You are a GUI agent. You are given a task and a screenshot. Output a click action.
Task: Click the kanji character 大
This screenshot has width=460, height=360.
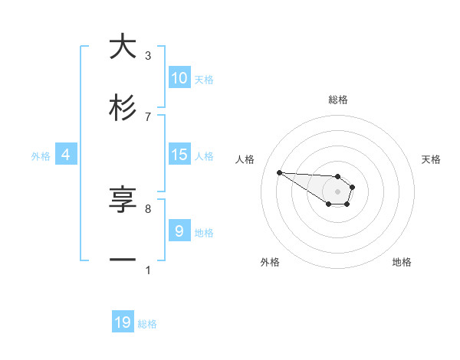[x=123, y=47]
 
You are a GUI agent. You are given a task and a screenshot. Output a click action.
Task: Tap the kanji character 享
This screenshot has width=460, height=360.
[x=123, y=201]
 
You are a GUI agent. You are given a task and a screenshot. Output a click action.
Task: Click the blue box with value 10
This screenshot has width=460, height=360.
[x=179, y=78]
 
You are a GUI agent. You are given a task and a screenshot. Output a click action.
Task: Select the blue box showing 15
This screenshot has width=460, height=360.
[x=179, y=155]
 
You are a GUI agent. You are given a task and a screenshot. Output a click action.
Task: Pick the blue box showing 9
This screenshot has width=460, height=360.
[x=179, y=231]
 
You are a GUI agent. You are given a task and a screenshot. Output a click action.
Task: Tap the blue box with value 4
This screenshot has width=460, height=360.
[x=66, y=155]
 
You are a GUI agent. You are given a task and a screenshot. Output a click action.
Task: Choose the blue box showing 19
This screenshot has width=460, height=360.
[x=123, y=322]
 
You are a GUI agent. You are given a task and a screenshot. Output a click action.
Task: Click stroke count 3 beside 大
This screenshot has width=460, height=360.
[x=148, y=55]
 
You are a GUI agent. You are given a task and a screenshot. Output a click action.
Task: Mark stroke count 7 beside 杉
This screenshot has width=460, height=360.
[x=148, y=116]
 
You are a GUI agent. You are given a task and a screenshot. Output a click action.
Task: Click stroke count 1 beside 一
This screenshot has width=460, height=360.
[x=148, y=270]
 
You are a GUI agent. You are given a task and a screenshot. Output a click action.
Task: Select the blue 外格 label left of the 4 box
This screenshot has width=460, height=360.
[x=41, y=155]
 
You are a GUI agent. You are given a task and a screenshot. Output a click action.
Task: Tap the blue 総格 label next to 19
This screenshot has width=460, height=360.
[x=147, y=324]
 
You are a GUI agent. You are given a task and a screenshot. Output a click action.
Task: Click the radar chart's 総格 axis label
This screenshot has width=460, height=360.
[x=338, y=100]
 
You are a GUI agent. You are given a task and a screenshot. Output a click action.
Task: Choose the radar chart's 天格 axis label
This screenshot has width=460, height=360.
[x=431, y=159]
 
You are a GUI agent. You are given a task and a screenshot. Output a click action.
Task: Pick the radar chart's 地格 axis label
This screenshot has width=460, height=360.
[x=402, y=262]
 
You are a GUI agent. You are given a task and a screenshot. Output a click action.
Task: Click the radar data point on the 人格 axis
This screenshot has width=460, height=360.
[x=279, y=172]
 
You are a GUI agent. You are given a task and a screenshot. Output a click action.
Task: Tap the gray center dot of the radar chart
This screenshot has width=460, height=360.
[x=337, y=191]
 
